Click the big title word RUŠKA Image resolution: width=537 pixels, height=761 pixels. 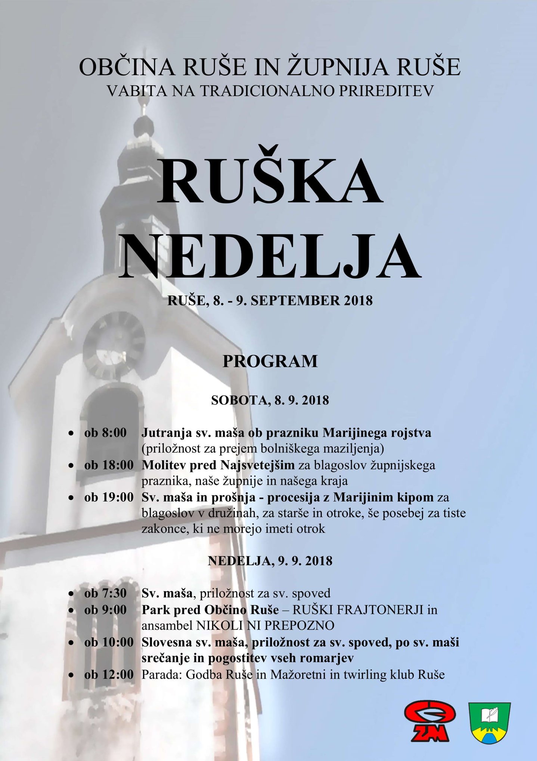point(270,181)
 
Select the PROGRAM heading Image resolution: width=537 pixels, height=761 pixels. point(270,361)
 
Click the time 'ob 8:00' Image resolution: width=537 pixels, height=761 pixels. point(105,433)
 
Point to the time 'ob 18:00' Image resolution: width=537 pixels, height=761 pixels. point(109,465)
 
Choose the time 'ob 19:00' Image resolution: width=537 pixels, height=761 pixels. point(109,497)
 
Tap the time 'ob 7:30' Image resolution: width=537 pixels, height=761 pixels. point(105,593)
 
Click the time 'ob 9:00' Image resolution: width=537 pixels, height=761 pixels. point(105,610)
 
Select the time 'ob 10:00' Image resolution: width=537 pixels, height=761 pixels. point(109,642)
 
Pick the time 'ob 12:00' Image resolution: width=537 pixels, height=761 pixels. point(109,674)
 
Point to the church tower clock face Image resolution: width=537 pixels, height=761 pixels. point(114,346)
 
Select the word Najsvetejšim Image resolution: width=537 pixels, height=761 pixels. point(257,465)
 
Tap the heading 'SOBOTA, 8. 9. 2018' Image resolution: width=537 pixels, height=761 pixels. point(270,400)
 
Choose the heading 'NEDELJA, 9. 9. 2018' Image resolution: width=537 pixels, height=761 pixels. point(270,561)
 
